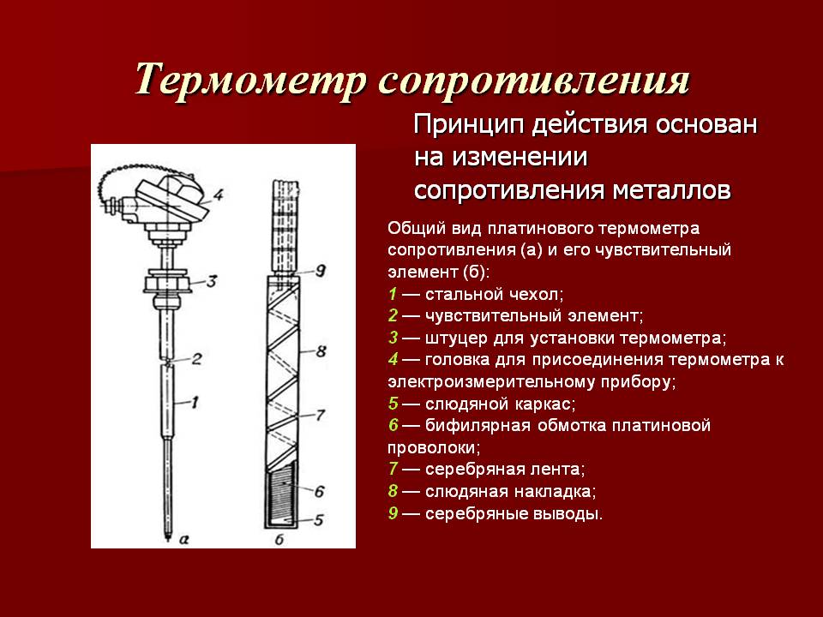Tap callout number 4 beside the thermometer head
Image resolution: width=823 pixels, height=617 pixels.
coord(218,195)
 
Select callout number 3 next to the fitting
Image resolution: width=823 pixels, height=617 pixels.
coord(211,281)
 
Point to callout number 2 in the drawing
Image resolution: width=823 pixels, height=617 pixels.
coord(196,359)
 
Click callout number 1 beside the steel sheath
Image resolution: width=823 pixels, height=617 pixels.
coord(195,403)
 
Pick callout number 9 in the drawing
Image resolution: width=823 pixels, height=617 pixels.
coord(320,271)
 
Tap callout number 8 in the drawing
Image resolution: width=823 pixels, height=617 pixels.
coord(321,351)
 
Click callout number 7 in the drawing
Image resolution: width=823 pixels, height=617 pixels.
coord(320,415)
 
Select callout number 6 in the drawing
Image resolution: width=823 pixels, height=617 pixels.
coord(319,491)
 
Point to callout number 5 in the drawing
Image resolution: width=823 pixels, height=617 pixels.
coord(319,519)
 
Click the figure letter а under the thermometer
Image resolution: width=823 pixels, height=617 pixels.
coord(183,538)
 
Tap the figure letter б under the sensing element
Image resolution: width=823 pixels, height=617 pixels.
coord(279,538)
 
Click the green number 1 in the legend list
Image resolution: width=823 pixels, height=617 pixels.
coord(393,294)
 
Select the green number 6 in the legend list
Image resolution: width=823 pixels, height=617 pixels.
coord(393,424)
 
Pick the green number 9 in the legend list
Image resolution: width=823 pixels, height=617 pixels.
coord(393,512)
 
